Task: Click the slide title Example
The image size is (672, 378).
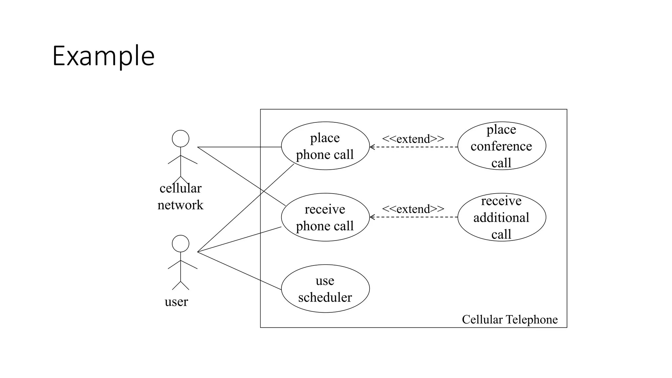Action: point(103,56)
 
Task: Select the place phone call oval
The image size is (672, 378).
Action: point(325,146)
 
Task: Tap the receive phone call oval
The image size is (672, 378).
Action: point(325,217)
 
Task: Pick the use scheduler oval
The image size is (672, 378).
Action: point(325,289)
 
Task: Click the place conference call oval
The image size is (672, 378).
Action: point(501,146)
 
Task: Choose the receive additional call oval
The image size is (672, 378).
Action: point(501,217)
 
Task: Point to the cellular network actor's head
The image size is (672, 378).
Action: point(180,138)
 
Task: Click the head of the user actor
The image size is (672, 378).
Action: point(180,243)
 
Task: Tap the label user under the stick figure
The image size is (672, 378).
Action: point(176,302)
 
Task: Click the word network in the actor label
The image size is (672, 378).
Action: point(180,205)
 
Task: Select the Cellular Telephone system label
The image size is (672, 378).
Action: point(510,319)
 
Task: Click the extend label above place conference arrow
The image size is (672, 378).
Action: point(413,139)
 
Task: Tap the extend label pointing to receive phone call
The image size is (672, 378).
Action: point(413,209)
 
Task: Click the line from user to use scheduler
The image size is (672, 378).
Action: point(240,271)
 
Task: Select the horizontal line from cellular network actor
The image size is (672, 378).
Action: point(240,147)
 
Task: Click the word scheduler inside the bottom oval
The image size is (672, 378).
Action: point(325,297)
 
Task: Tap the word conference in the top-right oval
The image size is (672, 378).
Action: point(501,146)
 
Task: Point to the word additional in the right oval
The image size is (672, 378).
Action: point(501,218)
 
